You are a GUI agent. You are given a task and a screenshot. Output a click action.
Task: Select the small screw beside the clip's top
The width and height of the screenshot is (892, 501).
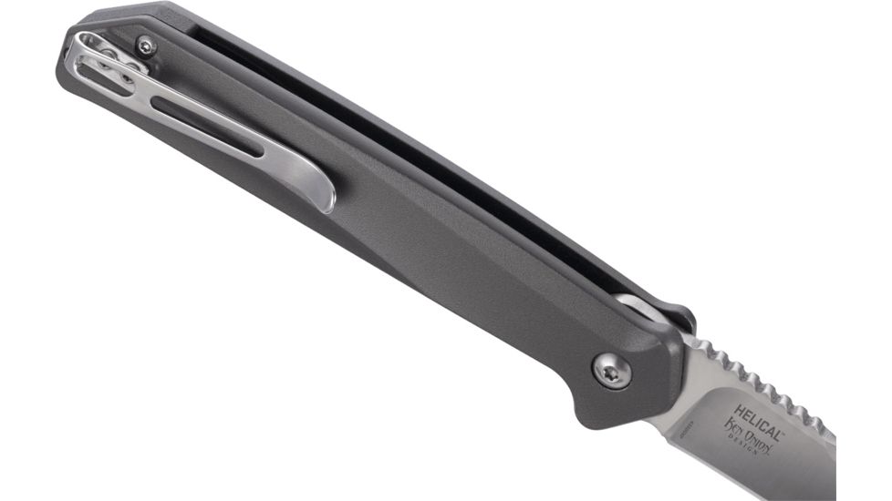point(146,45)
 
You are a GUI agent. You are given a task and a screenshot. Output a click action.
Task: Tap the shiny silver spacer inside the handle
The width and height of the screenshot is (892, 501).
point(635,305)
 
